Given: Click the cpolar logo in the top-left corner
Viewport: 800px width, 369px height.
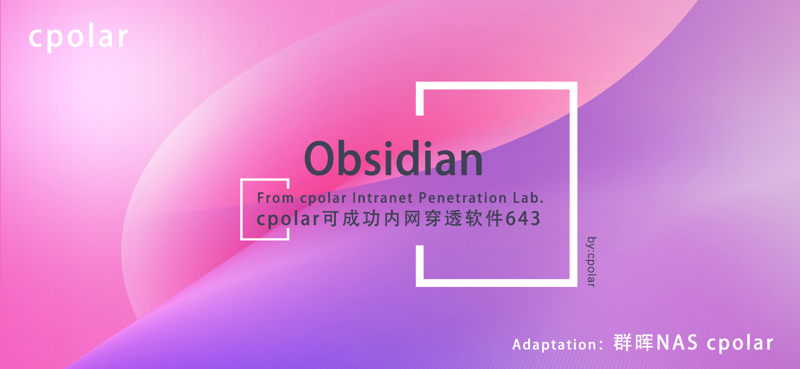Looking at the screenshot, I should [x=79, y=37].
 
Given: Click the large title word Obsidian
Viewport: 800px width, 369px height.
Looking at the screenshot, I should [x=394, y=159].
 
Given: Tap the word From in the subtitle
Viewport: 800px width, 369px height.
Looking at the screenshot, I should [x=275, y=198].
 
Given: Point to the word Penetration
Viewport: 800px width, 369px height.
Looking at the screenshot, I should [x=463, y=198].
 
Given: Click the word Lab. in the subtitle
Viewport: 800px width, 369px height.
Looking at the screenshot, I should [x=528, y=198].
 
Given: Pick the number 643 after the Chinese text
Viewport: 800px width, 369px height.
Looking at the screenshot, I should [x=523, y=219].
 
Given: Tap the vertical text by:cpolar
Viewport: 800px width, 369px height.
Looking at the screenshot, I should [x=591, y=262].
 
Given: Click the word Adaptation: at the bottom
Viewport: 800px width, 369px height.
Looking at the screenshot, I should [x=558, y=345].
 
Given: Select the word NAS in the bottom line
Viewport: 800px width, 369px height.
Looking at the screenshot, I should [x=677, y=343].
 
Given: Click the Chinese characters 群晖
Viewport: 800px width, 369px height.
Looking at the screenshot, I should [x=633, y=343].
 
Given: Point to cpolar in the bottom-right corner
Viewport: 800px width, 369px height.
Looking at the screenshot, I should [x=740, y=344].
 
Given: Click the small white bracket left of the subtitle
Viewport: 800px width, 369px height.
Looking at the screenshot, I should [x=242, y=210].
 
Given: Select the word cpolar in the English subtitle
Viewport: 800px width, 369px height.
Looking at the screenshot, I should [x=323, y=198].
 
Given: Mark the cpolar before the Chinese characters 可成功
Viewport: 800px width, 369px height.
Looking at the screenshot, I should [x=288, y=219].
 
